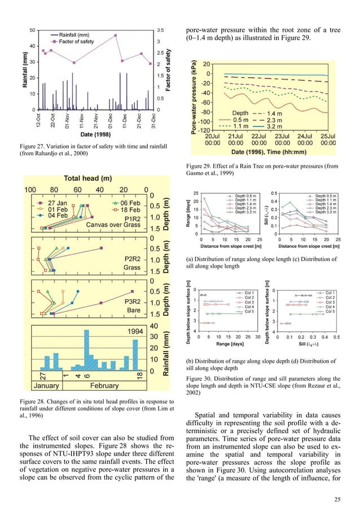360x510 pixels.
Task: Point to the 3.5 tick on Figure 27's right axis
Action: coord(160,29)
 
